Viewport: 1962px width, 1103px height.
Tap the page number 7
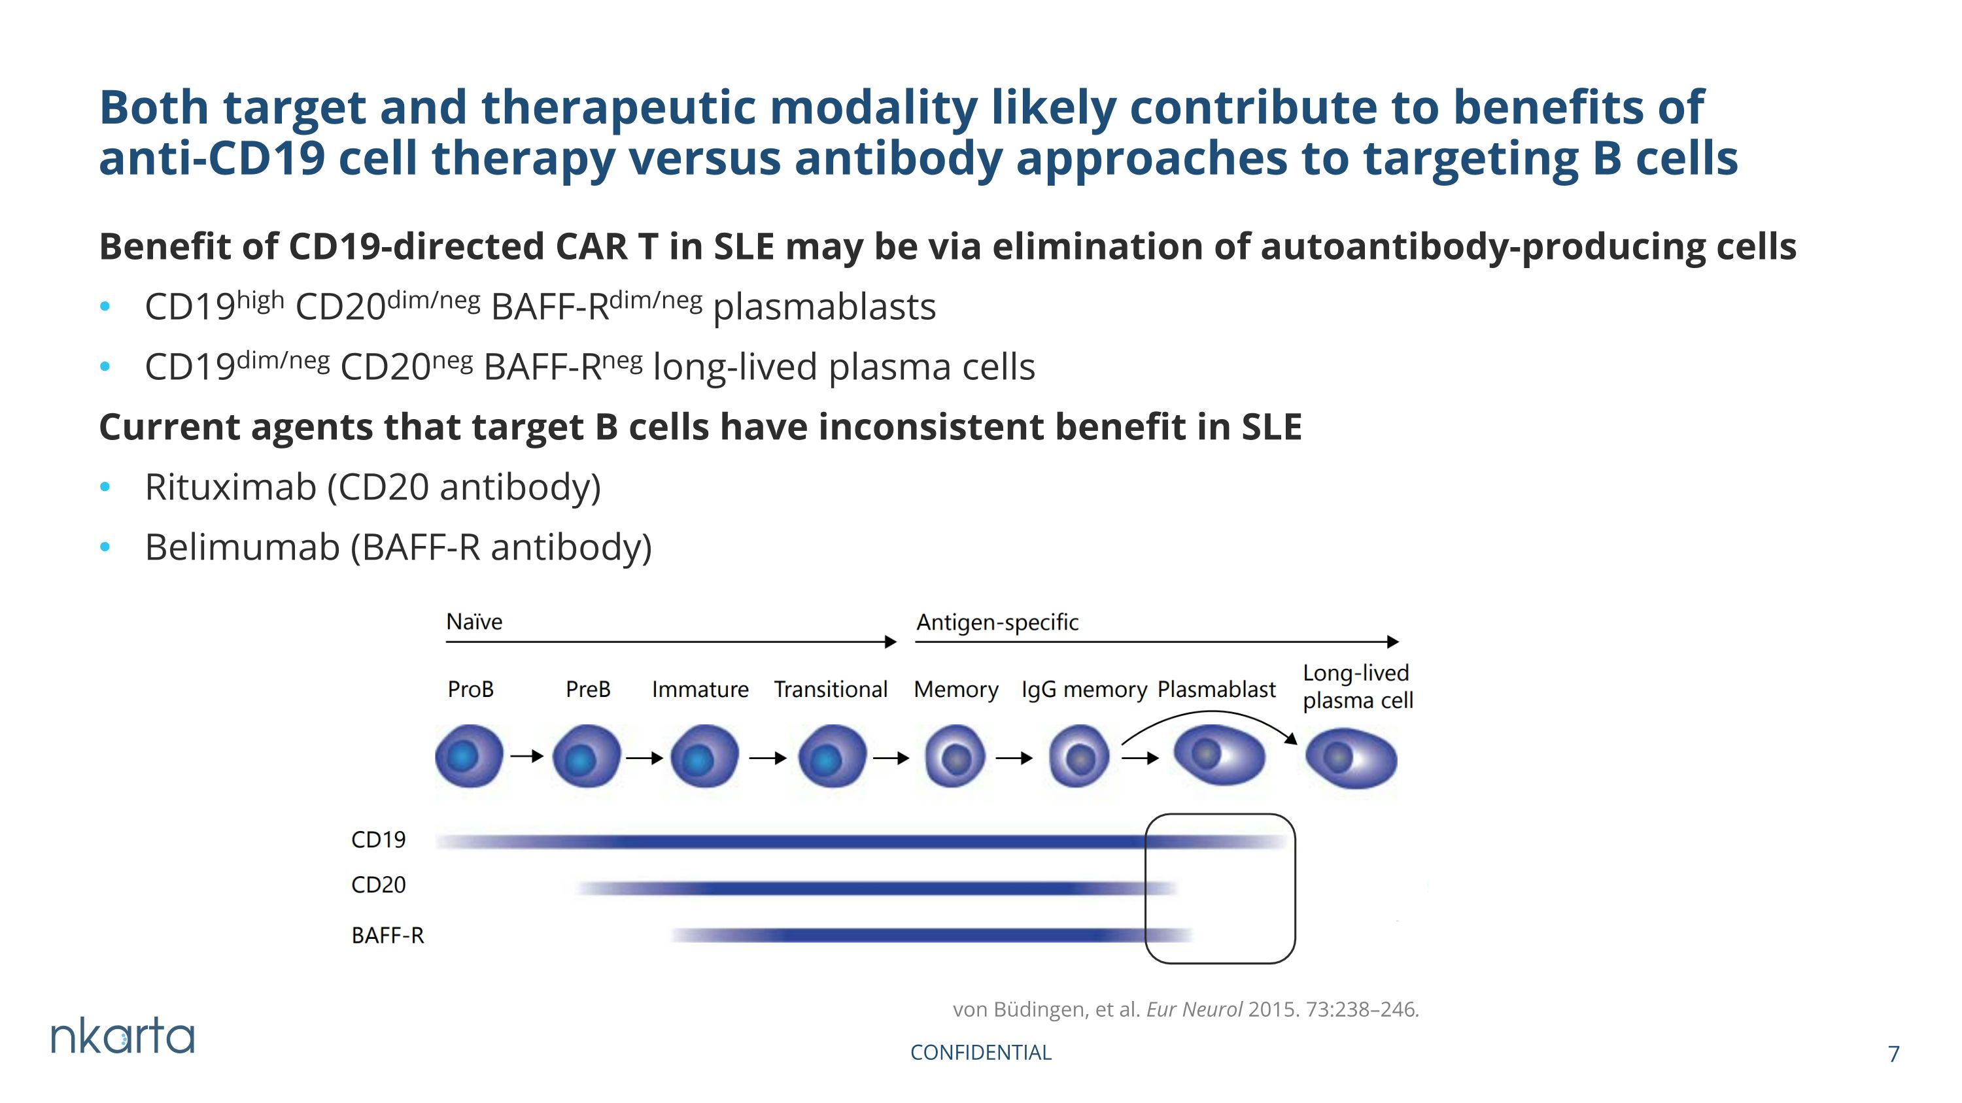pyautogui.click(x=1893, y=1054)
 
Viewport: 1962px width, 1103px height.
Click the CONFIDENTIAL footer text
pyautogui.click(x=981, y=1053)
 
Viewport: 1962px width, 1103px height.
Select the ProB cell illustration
pyautogui.click(x=469, y=756)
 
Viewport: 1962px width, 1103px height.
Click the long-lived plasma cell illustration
pyautogui.click(x=1351, y=758)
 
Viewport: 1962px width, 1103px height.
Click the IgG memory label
pyautogui.click(x=1084, y=690)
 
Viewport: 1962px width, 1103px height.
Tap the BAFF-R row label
pyautogui.click(x=388, y=936)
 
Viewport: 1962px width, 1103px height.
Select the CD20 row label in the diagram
pyautogui.click(x=379, y=885)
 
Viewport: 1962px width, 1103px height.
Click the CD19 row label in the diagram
pyautogui.click(x=379, y=840)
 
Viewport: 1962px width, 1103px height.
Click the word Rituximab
pyautogui.click(x=231, y=486)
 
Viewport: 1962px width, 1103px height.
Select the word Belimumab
pyautogui.click(x=242, y=547)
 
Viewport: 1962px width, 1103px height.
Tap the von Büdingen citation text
pyautogui.click(x=1186, y=1010)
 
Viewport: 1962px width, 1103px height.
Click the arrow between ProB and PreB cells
pyautogui.click(x=527, y=756)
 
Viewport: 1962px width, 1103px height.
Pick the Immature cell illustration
pyautogui.click(x=704, y=756)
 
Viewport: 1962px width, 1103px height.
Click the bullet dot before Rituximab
pyautogui.click(x=105, y=487)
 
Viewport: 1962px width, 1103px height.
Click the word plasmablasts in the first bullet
pyautogui.click(x=824, y=307)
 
